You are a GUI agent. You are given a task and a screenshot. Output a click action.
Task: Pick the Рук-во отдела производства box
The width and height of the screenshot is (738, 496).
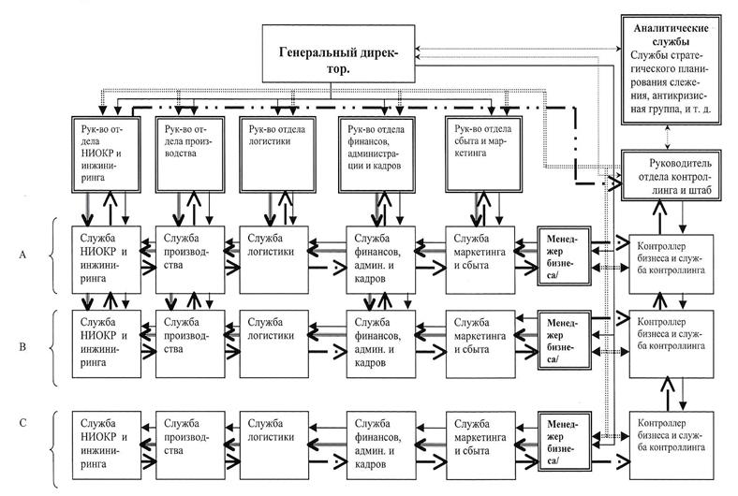187,150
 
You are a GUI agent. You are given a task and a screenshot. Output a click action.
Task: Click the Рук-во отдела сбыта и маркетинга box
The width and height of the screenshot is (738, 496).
482,150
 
